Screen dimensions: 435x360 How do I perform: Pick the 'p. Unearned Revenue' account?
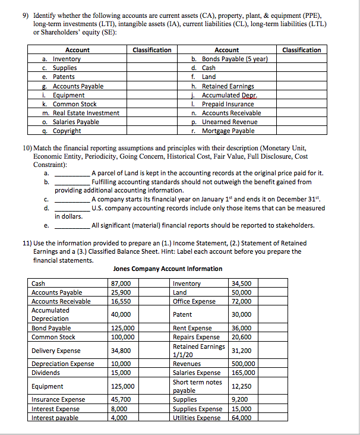(226, 122)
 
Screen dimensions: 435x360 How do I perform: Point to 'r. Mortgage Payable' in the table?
(223, 131)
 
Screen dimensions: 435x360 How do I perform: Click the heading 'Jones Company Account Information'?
(168, 269)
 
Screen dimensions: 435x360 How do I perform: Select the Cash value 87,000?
(121, 283)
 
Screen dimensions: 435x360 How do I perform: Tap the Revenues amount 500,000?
(244, 364)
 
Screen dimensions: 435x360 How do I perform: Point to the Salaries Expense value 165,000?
(244, 373)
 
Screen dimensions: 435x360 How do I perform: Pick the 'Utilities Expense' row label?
(197, 418)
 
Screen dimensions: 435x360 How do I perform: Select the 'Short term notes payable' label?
(197, 386)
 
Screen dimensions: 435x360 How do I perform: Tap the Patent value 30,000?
(242, 314)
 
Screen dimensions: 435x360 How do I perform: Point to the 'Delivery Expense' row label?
(56, 351)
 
